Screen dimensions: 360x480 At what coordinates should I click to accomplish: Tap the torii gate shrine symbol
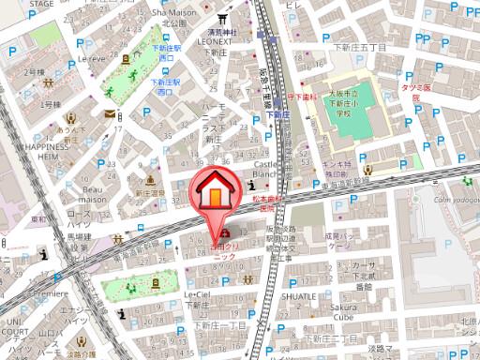(x=223, y=18)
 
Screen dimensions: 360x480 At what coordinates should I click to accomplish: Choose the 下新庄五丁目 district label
(x=361, y=46)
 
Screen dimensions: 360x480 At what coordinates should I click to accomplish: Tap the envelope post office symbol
(x=111, y=114)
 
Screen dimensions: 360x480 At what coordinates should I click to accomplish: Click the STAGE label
(x=15, y=5)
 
